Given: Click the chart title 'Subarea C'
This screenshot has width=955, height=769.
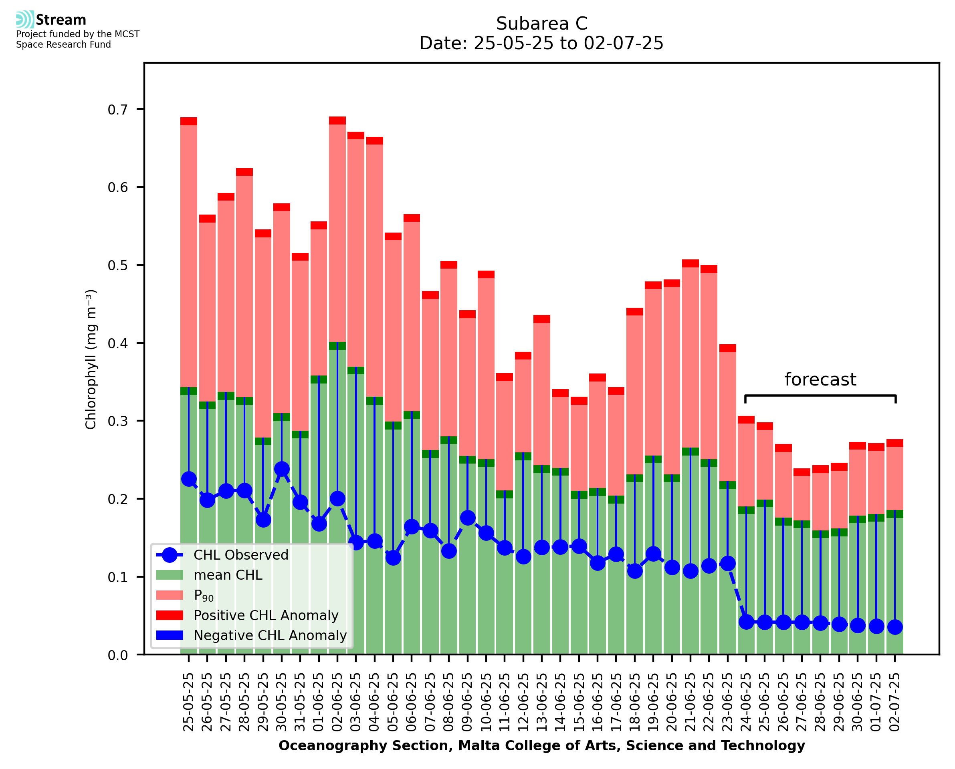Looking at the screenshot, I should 541,24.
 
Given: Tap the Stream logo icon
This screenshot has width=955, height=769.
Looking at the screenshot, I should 25,20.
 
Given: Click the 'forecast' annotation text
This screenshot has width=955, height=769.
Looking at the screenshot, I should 820,379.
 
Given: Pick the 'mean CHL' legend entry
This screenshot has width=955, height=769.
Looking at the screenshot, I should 228,575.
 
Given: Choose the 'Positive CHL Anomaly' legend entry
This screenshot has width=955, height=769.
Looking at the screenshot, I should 266,615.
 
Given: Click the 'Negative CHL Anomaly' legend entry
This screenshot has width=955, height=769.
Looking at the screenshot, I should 270,635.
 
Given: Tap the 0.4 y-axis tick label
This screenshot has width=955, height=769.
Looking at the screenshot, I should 117,343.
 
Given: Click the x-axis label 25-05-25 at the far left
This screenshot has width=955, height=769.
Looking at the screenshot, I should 189,702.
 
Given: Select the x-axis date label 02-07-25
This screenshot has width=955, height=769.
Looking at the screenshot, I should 895,702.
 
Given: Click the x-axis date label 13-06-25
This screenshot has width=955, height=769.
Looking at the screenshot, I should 542,702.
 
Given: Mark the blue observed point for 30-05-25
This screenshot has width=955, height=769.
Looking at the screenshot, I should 282,469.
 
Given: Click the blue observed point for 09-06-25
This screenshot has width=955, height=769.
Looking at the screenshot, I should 468,518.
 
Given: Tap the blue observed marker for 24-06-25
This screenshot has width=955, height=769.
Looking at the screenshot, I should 746,622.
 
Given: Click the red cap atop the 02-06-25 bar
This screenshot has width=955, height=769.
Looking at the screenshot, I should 337,120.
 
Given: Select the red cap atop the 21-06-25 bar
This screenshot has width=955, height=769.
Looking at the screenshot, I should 691,263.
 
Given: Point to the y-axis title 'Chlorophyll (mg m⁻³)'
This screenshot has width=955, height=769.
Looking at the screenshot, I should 91,359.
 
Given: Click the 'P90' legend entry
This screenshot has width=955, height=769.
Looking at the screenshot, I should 204,595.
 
